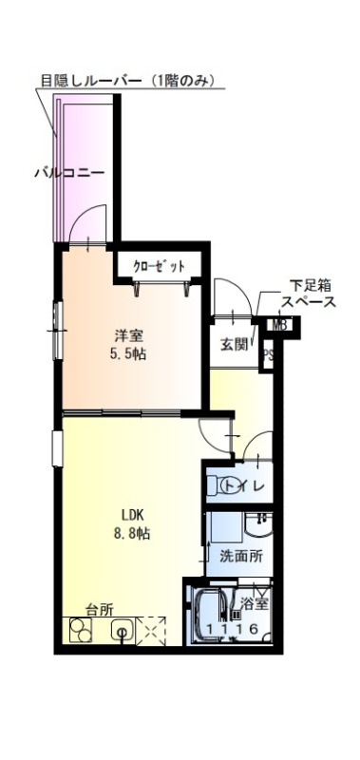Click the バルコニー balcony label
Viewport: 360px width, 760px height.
pos(69,173)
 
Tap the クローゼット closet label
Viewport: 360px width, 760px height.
pos(159,266)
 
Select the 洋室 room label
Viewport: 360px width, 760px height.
pos(128,336)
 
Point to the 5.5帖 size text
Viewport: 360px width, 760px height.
pos(128,354)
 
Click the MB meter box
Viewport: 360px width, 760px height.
pos(279,326)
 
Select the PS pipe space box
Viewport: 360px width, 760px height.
pos(268,354)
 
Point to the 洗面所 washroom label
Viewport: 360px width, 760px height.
pos(241,556)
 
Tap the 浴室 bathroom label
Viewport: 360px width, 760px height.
pos(255,604)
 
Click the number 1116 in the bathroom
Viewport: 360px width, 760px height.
pos(232,628)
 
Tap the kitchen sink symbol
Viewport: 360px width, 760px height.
pos(123,630)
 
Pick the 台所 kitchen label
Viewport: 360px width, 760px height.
pos(100,610)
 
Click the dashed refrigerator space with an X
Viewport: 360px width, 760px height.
pos(151,631)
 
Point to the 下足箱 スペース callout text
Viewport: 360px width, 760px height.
pos(309,293)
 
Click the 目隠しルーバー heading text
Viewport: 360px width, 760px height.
pos(127,81)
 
